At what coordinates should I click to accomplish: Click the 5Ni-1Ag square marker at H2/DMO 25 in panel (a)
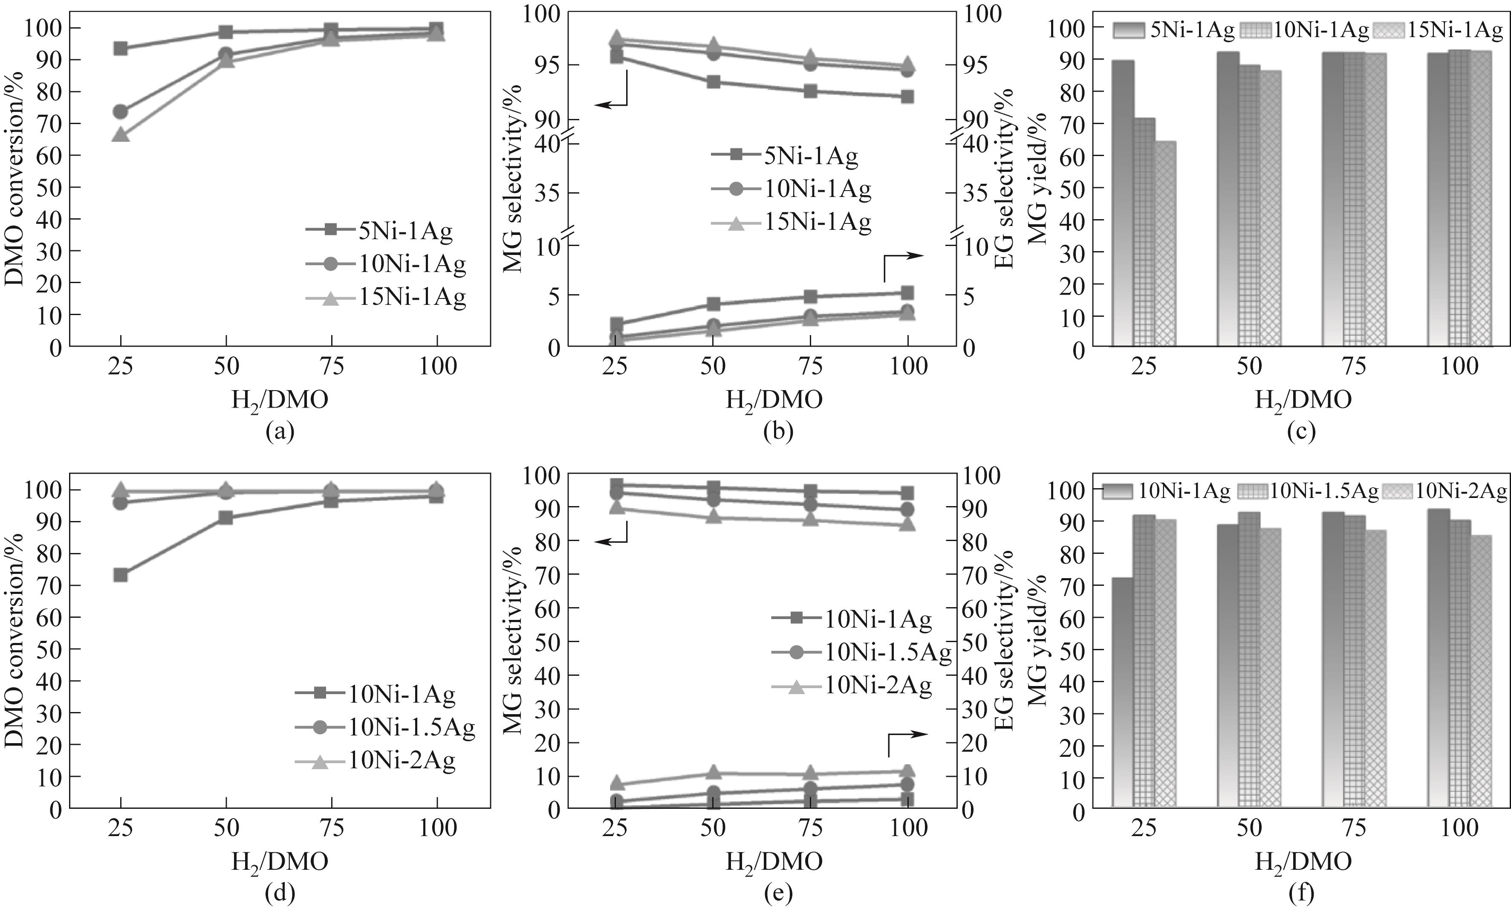(x=121, y=48)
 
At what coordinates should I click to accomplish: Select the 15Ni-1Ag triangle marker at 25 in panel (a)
(x=121, y=134)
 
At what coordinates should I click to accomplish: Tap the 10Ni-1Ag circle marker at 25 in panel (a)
(x=121, y=111)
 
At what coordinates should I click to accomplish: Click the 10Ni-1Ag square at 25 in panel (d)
(x=121, y=575)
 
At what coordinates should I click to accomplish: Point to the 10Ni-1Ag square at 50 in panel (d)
(x=226, y=518)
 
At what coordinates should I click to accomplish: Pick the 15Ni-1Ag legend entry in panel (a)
(x=386, y=298)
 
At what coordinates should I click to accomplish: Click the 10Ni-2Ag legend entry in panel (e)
(x=852, y=685)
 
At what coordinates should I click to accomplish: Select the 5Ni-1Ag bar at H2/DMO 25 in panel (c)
(x=1123, y=202)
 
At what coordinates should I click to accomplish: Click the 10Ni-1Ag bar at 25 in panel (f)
(x=1123, y=692)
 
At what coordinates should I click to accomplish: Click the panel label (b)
(x=778, y=432)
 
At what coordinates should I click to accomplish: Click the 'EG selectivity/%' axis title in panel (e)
(x=1003, y=640)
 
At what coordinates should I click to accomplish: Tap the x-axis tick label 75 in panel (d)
(x=331, y=828)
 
